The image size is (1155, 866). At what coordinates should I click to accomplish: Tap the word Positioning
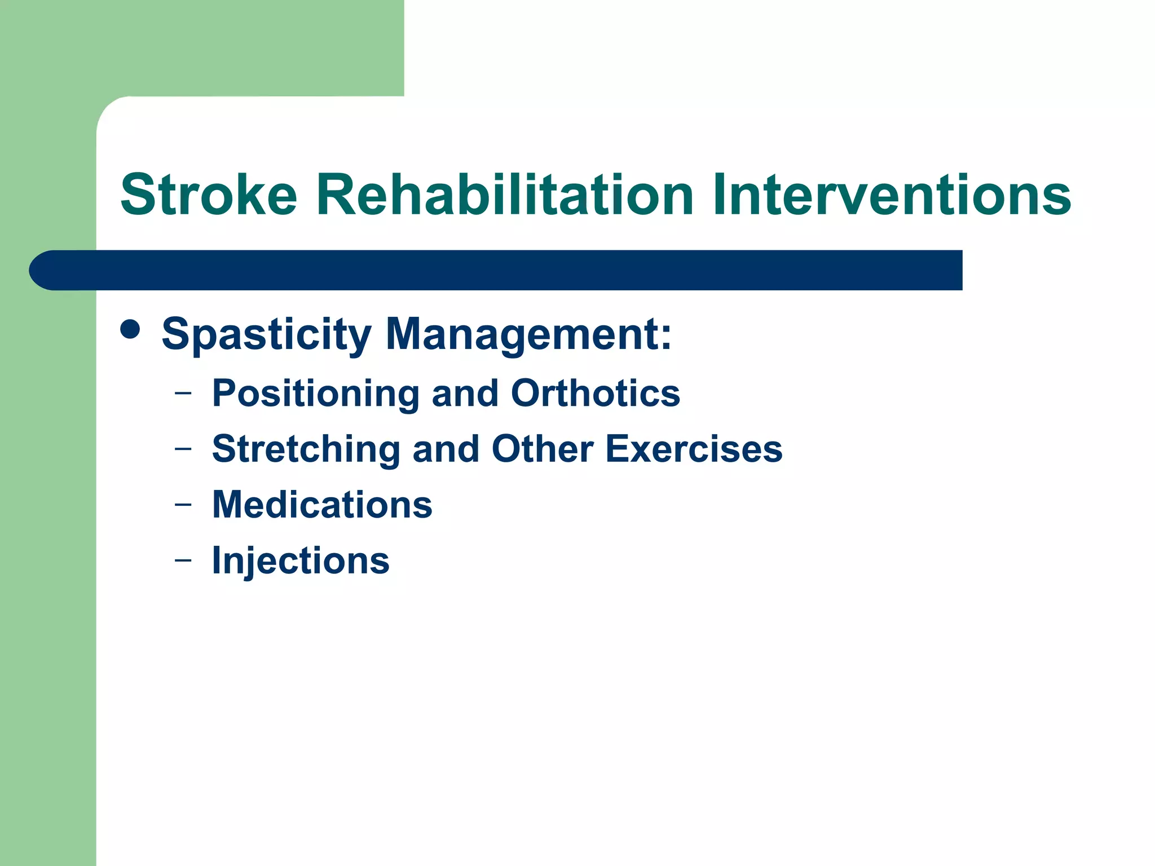click(x=316, y=394)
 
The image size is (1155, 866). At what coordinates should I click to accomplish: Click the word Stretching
click(x=306, y=449)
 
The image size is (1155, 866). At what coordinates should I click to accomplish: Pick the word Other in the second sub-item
click(x=542, y=449)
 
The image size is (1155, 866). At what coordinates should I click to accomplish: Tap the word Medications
click(x=322, y=504)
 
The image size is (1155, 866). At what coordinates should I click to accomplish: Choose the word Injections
click(x=301, y=561)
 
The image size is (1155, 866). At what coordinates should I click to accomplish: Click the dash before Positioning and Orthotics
click(x=183, y=392)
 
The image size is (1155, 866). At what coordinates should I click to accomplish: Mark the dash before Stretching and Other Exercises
click(x=183, y=449)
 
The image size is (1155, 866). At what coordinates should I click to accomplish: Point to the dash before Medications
click(x=183, y=504)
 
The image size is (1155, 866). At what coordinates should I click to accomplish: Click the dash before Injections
click(x=183, y=560)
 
